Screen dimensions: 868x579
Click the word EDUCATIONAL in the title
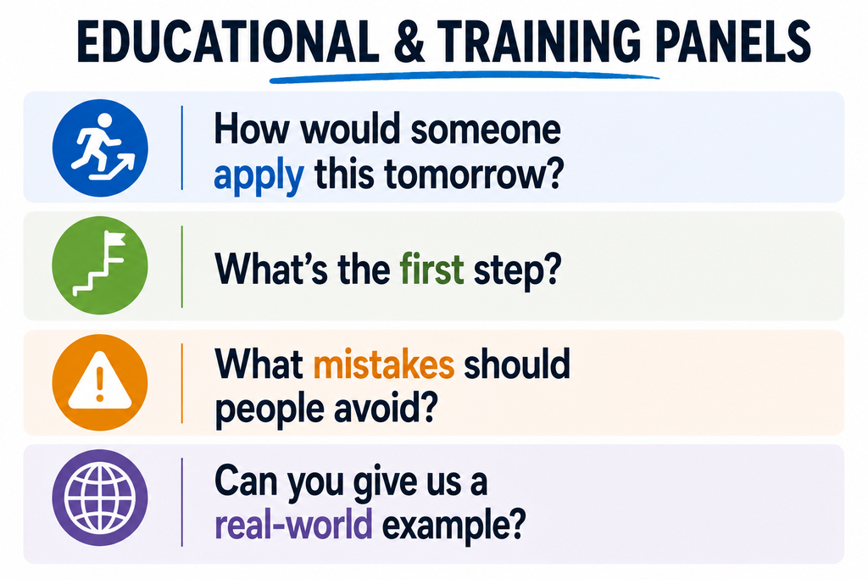tap(227, 42)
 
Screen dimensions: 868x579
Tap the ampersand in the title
tap(409, 42)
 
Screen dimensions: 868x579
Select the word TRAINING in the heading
tap(541, 42)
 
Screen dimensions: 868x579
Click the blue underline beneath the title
tap(464, 77)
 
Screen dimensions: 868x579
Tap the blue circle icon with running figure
tap(100, 148)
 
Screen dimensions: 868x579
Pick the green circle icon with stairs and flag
tap(100, 265)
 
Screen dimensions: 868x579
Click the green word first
tap(431, 269)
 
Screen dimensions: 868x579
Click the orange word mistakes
tap(384, 365)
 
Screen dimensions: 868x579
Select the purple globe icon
tap(100, 498)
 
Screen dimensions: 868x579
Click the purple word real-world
tap(292, 525)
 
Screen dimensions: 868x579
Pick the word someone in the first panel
tap(485, 130)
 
